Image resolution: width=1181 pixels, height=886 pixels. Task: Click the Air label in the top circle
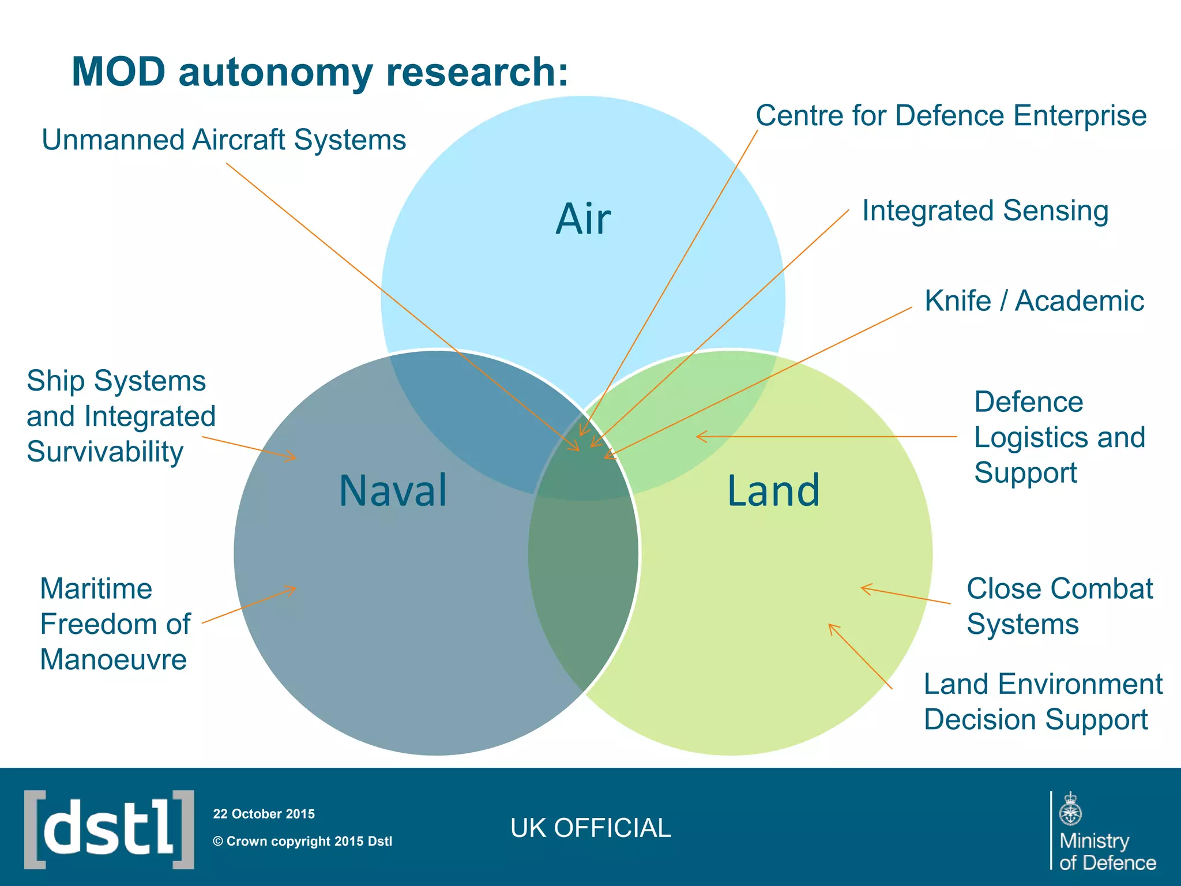click(x=583, y=219)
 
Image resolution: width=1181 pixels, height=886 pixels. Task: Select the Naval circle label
click(x=393, y=491)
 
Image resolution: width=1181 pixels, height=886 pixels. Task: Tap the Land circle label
click(x=773, y=491)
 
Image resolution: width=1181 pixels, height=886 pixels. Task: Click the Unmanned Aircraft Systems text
click(x=224, y=140)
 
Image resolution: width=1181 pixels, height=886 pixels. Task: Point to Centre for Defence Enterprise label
click(x=951, y=116)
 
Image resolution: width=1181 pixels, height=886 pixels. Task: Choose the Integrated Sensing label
click(x=985, y=211)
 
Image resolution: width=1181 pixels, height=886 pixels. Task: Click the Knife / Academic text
click(x=1034, y=301)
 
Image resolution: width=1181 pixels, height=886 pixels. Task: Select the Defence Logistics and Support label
click(x=1059, y=437)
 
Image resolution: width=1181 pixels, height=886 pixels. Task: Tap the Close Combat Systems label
click(x=1059, y=606)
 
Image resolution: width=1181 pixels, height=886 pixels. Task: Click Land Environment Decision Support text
click(x=1043, y=701)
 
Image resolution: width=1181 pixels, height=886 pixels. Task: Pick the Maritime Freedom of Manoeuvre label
click(x=115, y=624)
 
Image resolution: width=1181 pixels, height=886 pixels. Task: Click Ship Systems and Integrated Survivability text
click(x=121, y=416)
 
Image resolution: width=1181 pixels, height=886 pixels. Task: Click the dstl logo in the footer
click(x=109, y=829)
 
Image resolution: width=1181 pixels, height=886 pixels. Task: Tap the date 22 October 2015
click(x=264, y=814)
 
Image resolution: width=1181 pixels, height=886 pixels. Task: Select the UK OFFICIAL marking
click(x=590, y=828)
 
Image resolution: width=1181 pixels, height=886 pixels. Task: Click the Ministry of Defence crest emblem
click(x=1070, y=809)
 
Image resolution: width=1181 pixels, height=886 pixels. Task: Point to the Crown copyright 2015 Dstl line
click(x=302, y=842)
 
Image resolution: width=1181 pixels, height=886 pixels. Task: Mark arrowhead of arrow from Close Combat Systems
click(x=863, y=588)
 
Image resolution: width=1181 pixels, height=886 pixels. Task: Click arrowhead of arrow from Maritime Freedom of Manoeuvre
click(x=293, y=589)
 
